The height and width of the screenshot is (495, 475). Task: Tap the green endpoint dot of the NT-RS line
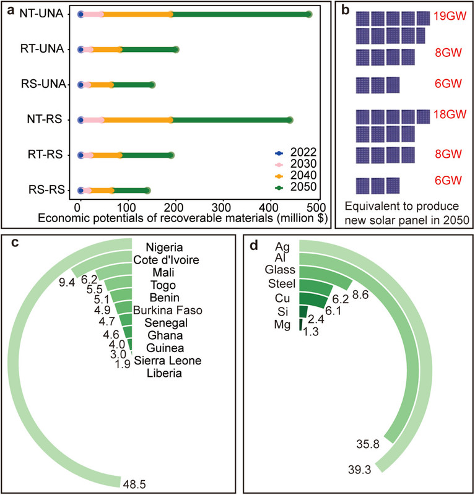tap(290, 120)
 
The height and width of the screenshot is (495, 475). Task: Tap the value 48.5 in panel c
tap(134, 483)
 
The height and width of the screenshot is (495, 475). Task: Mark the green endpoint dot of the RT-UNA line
tap(176, 49)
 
